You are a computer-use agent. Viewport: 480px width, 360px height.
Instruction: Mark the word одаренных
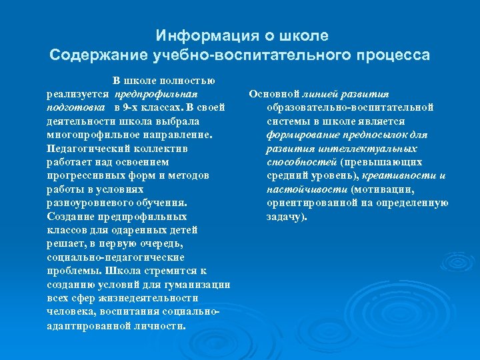(129, 230)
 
